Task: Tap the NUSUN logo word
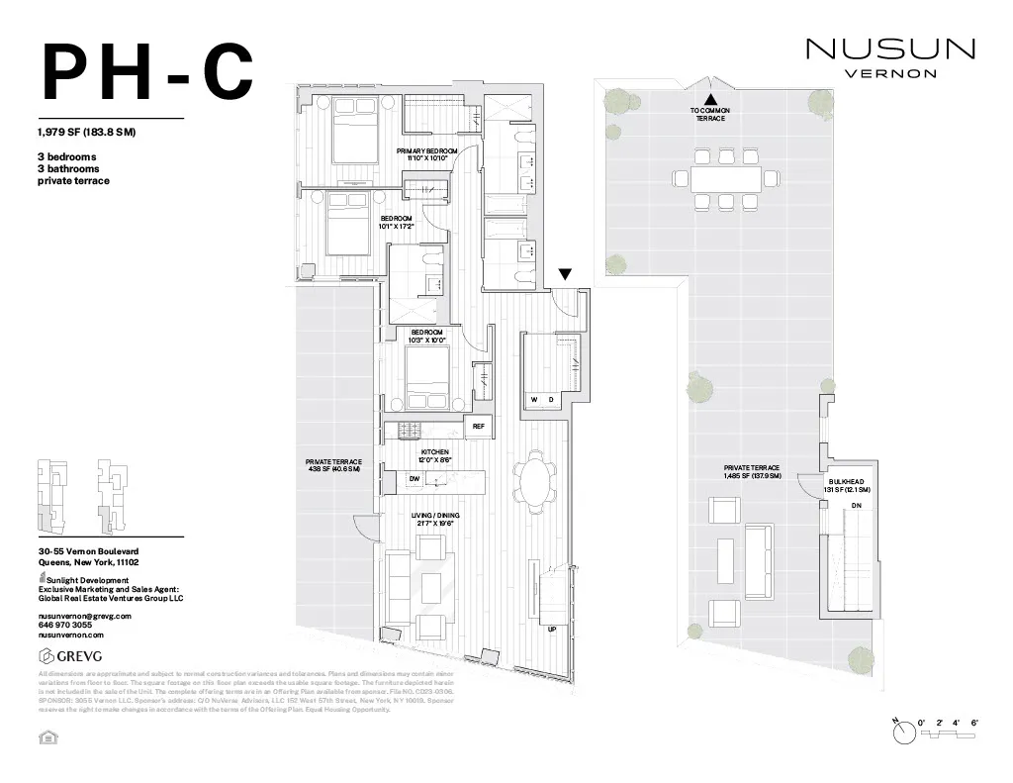tap(890, 49)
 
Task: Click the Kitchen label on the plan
tap(435, 455)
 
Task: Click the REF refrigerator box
tap(478, 427)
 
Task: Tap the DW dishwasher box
tap(414, 479)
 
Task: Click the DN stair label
tap(856, 506)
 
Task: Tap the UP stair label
tap(552, 630)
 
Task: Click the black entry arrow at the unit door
tap(565, 274)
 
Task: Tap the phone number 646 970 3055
tap(65, 625)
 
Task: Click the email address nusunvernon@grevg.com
tap(84, 616)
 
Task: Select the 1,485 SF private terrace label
tap(752, 471)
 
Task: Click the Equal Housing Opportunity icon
tap(45, 736)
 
